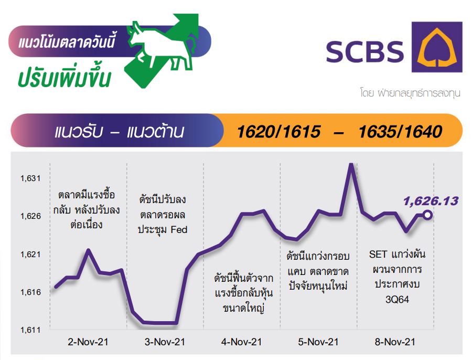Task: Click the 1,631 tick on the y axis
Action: pos(30,178)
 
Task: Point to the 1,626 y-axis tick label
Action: pos(30,216)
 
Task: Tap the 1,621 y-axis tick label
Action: pos(30,255)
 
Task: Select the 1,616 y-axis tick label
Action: pos(30,292)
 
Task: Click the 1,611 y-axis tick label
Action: pos(30,330)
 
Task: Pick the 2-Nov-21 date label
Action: pos(88,342)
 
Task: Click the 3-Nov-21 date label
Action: pos(165,342)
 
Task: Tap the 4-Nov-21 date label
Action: pos(241,342)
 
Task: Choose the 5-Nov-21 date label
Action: pos(318,342)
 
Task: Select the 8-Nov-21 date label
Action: pos(395,342)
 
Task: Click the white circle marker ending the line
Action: pos(427,215)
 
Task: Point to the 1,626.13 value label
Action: pos(431,201)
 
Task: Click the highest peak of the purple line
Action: pos(350,164)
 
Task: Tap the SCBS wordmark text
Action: pos(365,52)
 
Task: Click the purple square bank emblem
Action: pos(437,47)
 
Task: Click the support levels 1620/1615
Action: pos(278,132)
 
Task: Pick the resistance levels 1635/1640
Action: pos(400,132)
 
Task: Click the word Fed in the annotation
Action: pos(179,229)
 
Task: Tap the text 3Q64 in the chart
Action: pos(397,300)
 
